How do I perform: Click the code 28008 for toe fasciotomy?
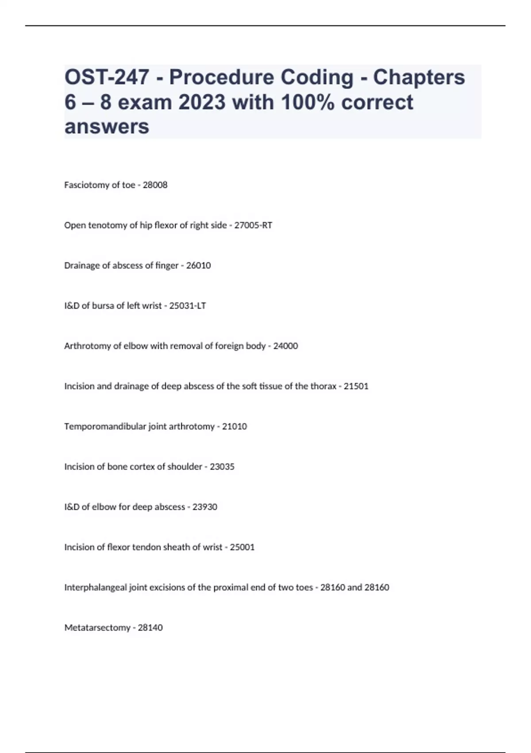tap(155, 185)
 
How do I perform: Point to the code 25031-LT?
tap(188, 306)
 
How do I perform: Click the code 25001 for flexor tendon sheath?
tap(242, 547)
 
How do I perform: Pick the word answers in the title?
tap(107, 127)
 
